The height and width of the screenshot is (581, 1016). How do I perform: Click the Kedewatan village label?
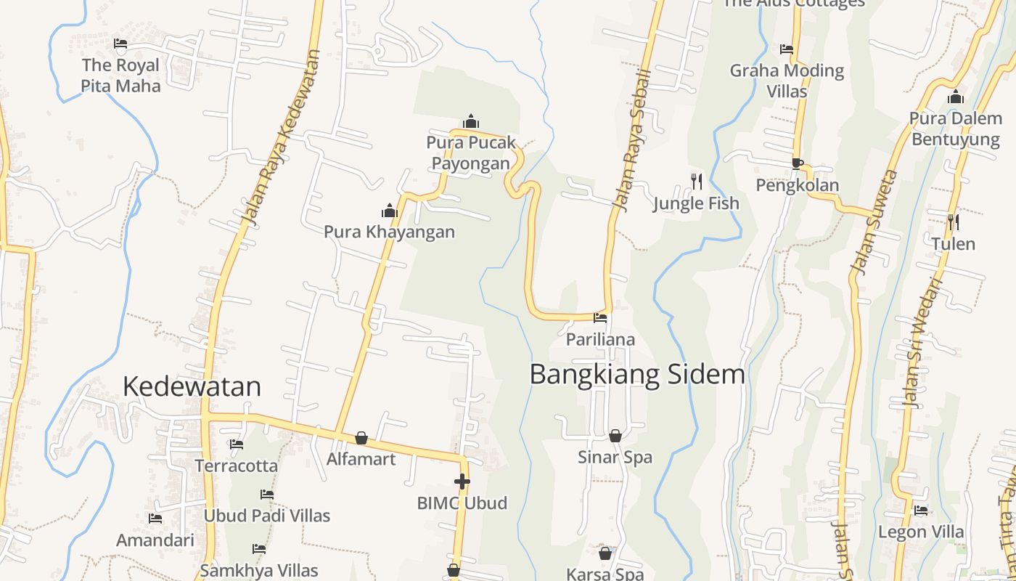(192, 386)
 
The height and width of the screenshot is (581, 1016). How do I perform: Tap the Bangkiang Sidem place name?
(637, 374)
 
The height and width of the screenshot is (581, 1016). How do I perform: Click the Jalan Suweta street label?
(875, 222)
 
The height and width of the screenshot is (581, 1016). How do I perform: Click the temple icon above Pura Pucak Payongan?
(471, 121)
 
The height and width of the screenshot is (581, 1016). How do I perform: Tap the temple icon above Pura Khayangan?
(390, 211)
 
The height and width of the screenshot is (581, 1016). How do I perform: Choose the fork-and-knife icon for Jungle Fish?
(696, 181)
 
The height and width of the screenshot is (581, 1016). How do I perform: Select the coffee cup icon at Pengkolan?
(797, 163)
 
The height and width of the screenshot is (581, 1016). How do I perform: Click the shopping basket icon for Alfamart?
(361, 438)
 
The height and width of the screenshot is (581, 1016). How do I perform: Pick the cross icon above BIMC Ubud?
(462, 482)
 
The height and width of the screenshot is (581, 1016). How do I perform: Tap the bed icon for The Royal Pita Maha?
(120, 44)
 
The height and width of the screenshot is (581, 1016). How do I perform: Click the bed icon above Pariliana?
(600, 317)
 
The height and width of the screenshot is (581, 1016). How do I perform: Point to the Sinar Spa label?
(615, 458)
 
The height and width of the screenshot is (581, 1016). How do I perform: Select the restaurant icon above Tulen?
(953, 222)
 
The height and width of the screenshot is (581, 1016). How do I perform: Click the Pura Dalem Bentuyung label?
(955, 129)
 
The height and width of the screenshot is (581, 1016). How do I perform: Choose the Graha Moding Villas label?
(787, 81)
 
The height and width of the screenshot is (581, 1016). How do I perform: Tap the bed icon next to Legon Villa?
(921, 511)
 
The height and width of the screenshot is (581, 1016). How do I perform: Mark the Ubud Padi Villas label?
(266, 516)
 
